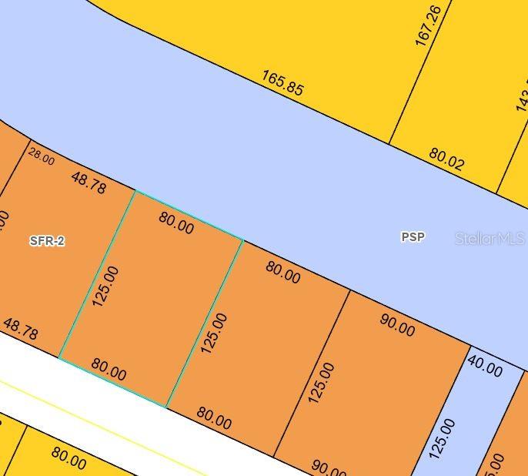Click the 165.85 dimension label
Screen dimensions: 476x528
(x=282, y=83)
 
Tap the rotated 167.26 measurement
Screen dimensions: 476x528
(x=428, y=25)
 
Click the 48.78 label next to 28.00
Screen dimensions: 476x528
(x=89, y=183)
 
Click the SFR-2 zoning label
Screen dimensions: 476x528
(x=47, y=241)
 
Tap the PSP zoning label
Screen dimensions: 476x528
(x=413, y=237)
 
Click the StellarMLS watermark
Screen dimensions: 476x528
(x=490, y=239)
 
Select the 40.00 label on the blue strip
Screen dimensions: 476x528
(x=485, y=367)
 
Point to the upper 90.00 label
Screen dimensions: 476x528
(x=397, y=324)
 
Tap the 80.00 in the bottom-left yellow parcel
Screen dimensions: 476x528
(x=69, y=458)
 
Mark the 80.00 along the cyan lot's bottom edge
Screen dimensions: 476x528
(x=109, y=369)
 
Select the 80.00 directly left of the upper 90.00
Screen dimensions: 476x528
(x=282, y=271)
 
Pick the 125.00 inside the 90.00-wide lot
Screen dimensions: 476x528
(x=322, y=383)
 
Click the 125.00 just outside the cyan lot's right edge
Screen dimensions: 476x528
(x=215, y=333)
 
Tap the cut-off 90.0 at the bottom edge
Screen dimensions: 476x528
(x=328, y=467)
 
